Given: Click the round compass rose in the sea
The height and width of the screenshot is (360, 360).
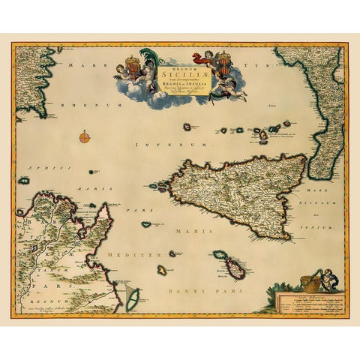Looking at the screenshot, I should (x=85, y=136).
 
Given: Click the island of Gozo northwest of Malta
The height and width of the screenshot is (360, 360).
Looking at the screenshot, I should (x=217, y=255).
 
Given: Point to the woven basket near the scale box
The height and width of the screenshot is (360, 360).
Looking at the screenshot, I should (x=308, y=283).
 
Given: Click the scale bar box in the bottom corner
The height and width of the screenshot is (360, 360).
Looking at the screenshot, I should (x=306, y=302).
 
